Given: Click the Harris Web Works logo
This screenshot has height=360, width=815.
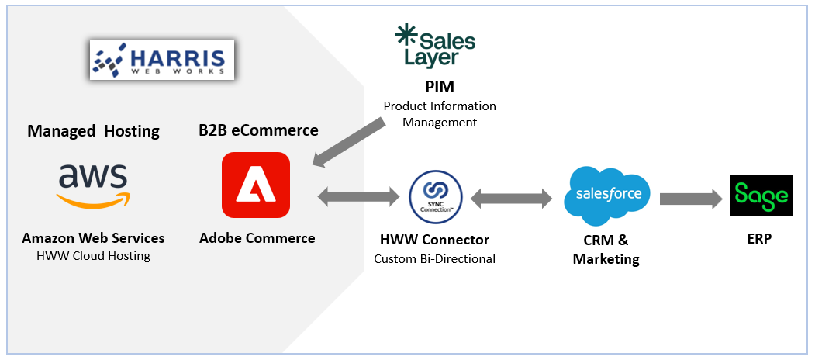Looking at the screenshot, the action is pos(161,60).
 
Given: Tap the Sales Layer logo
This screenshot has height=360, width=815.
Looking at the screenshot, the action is pos(436,45).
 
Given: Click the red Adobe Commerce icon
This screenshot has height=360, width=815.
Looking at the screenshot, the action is pos(256,185).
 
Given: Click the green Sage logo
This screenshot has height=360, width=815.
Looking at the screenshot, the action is pos(761,196).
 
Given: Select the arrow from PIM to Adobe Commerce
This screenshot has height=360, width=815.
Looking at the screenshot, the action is pos(349,142).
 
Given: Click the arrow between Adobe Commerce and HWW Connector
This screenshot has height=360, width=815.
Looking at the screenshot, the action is pos(358,196).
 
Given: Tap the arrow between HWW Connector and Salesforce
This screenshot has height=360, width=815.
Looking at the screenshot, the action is pos(512,197).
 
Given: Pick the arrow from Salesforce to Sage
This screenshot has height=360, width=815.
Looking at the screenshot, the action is pos(692,199).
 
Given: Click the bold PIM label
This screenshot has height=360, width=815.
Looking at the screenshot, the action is pos(439,86).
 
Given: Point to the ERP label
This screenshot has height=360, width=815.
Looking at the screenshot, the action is pos(761,239).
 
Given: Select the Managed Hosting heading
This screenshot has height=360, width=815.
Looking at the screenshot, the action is pos(93,131).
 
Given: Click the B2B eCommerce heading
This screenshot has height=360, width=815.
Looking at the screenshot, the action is pos(258,130).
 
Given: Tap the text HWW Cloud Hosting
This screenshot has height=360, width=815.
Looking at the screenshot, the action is pos(93,256).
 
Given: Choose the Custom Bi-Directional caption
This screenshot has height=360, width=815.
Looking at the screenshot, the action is pos(434,258).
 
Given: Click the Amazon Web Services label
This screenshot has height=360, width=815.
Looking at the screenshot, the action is pos(93,238).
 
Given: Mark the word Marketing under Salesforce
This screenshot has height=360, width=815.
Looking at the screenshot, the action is pos(606,258).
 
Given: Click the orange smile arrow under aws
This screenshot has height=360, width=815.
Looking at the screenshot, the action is pos(93,201).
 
